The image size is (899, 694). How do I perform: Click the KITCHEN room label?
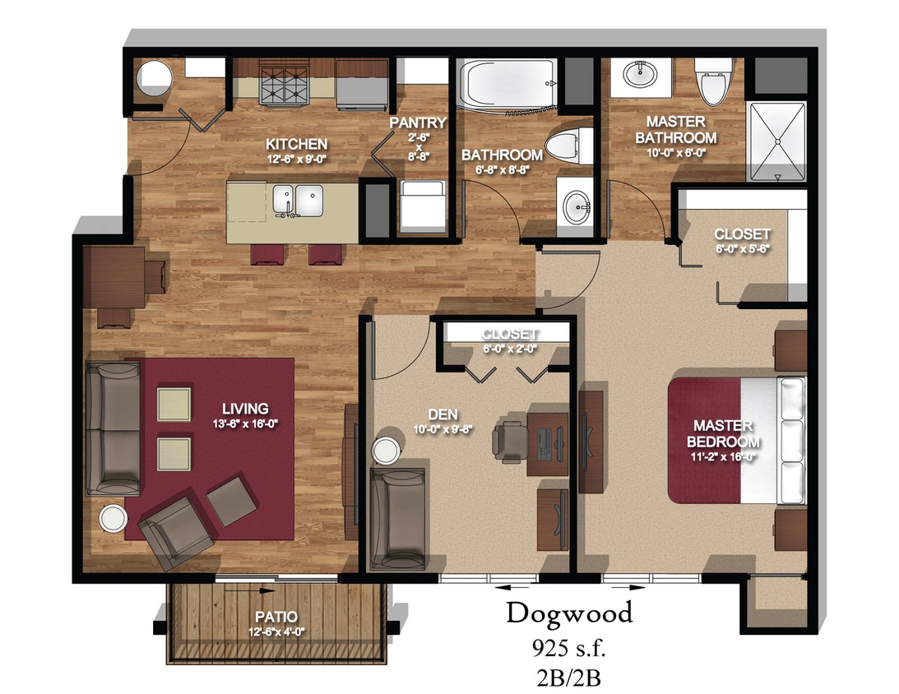point(298,144)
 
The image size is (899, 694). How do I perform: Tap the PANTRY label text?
point(418,123)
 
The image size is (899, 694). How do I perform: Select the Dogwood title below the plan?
point(569,613)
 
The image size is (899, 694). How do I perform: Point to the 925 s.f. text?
point(569,650)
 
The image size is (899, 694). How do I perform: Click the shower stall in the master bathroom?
point(775,141)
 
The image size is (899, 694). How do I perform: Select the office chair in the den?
point(511,437)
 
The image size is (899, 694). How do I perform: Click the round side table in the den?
point(385,450)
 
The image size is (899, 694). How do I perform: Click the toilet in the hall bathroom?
point(569,147)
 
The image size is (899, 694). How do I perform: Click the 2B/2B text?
point(569,680)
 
